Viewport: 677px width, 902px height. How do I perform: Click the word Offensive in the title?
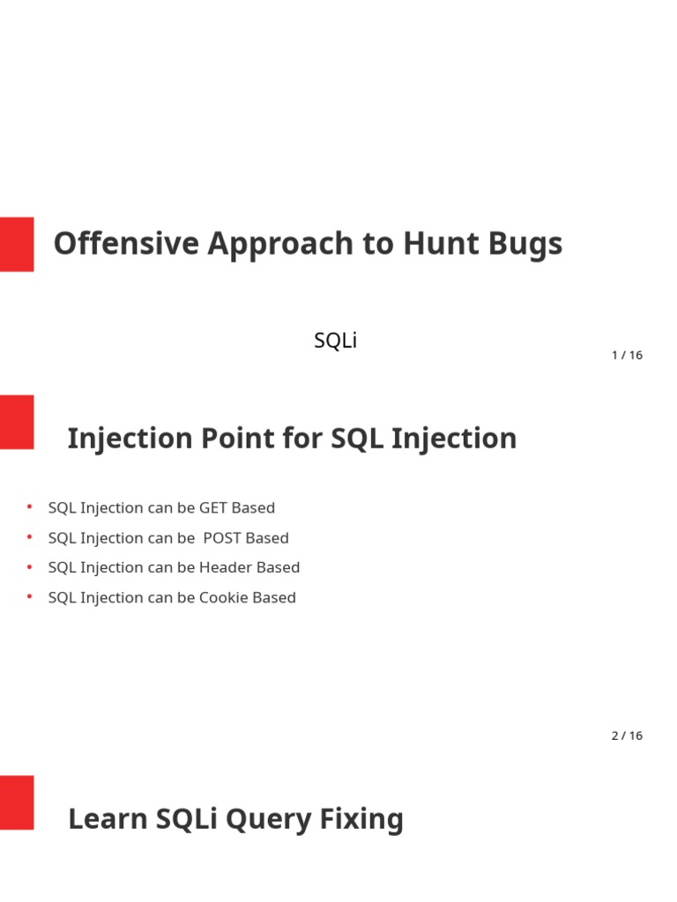point(126,243)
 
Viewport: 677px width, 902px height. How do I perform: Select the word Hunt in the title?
point(441,243)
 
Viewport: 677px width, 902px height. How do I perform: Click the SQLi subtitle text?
point(336,340)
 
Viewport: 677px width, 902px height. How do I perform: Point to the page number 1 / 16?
point(627,355)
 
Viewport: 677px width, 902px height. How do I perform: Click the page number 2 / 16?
point(627,736)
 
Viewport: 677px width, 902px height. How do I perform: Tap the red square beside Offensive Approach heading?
point(17,244)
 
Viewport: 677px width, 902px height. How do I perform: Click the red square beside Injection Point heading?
point(17,422)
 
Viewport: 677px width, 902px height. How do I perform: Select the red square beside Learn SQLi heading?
point(17,802)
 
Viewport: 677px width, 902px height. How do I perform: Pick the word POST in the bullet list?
point(222,538)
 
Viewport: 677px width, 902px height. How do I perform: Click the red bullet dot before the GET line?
point(29,506)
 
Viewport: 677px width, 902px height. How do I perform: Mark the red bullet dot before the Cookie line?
point(29,596)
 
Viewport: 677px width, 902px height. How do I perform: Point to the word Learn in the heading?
point(108,818)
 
